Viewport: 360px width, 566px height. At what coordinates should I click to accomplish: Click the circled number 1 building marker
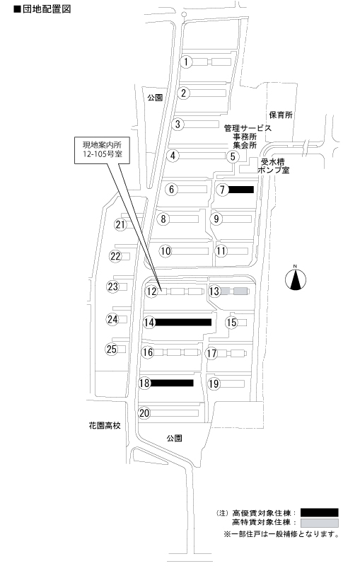[186, 62]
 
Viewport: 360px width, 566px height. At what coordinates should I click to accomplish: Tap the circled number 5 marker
[233, 156]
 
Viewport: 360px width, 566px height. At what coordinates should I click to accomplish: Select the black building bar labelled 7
[241, 190]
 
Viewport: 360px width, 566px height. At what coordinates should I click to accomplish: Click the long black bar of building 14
[183, 322]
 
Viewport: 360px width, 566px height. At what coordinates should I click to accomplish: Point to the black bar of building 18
[172, 383]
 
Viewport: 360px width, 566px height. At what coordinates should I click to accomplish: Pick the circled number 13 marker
[214, 291]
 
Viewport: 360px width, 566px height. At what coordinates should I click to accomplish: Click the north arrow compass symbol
[296, 279]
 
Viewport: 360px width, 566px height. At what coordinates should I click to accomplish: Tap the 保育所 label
[281, 115]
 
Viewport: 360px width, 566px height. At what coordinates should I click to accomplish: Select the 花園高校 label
[105, 425]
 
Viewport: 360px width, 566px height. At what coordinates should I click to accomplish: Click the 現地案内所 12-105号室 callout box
[102, 150]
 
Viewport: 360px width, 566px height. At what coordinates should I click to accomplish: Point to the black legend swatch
[319, 512]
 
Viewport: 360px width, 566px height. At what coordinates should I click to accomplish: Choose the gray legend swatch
[319, 523]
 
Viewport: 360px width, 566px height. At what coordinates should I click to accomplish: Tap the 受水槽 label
[273, 162]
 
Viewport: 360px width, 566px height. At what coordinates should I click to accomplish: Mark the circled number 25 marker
[112, 349]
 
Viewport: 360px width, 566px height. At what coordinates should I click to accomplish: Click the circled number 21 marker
[120, 224]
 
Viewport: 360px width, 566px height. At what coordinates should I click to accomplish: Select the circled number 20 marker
[144, 412]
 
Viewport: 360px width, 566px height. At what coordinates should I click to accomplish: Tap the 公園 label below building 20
[174, 438]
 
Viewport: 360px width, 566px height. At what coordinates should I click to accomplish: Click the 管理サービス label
[248, 128]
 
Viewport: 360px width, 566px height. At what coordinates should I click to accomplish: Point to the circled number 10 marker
[166, 251]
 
